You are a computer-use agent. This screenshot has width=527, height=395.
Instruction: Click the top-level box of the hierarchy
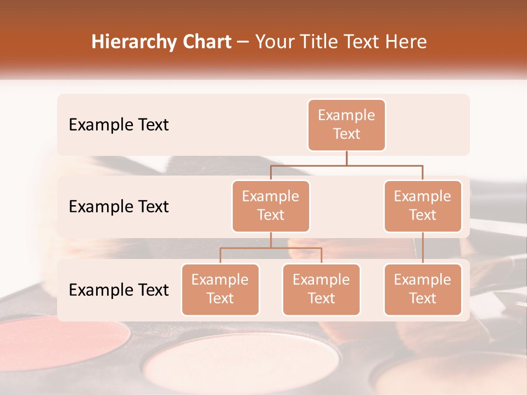(346, 125)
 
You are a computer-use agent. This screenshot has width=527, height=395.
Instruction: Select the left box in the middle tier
(271, 206)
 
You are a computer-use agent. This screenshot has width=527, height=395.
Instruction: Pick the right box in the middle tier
(423, 206)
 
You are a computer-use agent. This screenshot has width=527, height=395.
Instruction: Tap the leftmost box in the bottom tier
(220, 290)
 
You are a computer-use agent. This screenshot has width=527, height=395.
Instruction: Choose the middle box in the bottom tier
(321, 290)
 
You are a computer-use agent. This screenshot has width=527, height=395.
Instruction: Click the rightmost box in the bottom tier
(423, 290)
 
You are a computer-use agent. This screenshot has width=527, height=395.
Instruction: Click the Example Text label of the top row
(119, 125)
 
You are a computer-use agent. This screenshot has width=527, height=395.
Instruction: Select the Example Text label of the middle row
(119, 207)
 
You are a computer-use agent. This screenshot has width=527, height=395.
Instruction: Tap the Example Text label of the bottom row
(119, 290)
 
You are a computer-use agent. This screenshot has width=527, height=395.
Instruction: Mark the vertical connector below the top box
(346, 158)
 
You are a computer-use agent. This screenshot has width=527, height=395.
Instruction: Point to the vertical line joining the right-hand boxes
(423, 248)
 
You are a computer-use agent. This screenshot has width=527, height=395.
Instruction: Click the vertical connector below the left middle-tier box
(271, 240)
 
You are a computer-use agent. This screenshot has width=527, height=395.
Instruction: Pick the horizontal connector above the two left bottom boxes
(271, 248)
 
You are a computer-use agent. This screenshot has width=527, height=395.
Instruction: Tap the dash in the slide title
(243, 43)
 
